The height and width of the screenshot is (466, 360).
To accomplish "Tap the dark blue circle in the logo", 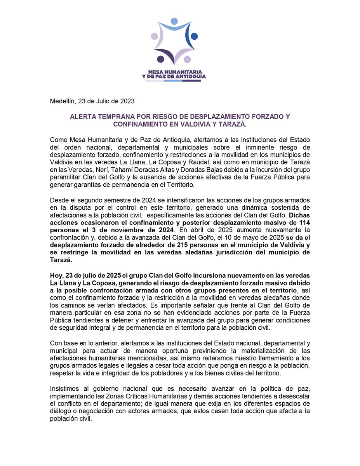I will click(194, 37).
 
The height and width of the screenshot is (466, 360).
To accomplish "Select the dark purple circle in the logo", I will click(160, 59).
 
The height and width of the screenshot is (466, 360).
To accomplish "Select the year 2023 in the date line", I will click(127, 101).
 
